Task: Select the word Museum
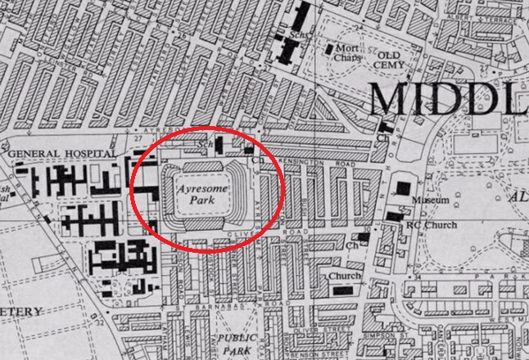pos(433,200)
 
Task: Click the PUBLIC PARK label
pos(238,343)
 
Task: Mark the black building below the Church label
pos(338,288)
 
